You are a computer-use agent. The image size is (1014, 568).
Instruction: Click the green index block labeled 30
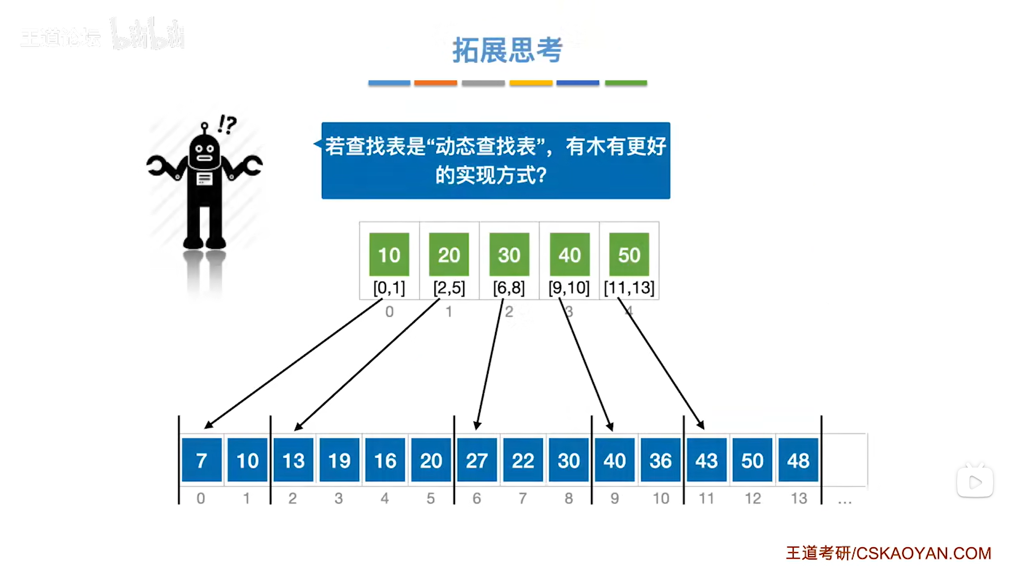509,254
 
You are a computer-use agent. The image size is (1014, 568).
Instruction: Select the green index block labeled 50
629,254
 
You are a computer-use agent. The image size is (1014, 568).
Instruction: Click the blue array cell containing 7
201,460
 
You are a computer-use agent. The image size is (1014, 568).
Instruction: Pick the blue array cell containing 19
339,460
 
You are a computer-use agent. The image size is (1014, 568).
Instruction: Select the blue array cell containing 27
476,460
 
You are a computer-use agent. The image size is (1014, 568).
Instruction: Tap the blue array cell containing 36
660,460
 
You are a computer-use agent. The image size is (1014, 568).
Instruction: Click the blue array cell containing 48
797,460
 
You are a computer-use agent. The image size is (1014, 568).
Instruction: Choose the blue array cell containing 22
523,460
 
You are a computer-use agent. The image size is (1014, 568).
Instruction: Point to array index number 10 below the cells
661,498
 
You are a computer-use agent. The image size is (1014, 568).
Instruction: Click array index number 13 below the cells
798,498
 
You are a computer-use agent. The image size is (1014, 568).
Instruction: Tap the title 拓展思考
507,51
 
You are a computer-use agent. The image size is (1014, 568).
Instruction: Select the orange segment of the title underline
435,83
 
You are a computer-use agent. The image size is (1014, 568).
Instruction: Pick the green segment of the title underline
626,83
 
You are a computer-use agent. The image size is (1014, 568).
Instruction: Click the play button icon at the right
975,482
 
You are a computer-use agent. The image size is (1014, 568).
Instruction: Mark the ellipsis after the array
845,501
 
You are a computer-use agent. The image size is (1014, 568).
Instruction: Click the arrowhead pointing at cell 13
298,427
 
